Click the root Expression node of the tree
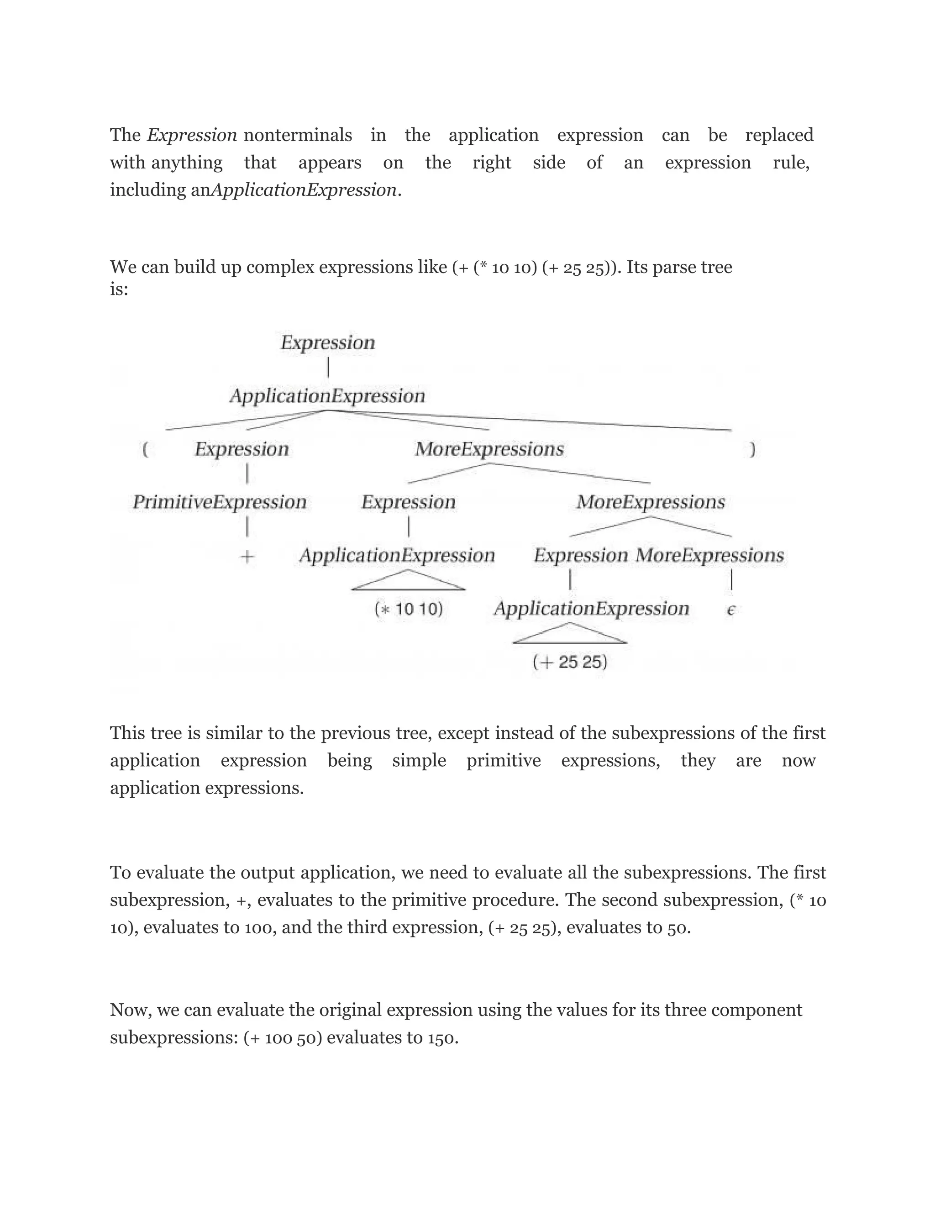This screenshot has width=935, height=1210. [327, 342]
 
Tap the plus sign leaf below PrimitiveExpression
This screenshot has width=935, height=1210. [247, 557]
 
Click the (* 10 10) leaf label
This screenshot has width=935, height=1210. [409, 610]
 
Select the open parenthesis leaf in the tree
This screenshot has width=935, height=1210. [145, 449]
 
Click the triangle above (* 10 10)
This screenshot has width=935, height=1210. [409, 581]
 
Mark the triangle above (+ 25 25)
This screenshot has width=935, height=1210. [570, 634]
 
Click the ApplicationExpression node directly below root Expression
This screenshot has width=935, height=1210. [327, 395]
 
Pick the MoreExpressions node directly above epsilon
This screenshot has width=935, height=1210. [709, 555]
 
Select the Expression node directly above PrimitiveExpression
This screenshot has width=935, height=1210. [242, 449]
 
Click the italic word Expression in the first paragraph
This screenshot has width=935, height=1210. [192, 135]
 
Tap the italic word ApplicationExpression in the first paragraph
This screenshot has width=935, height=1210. [304, 190]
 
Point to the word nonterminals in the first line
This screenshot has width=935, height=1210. [298, 135]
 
